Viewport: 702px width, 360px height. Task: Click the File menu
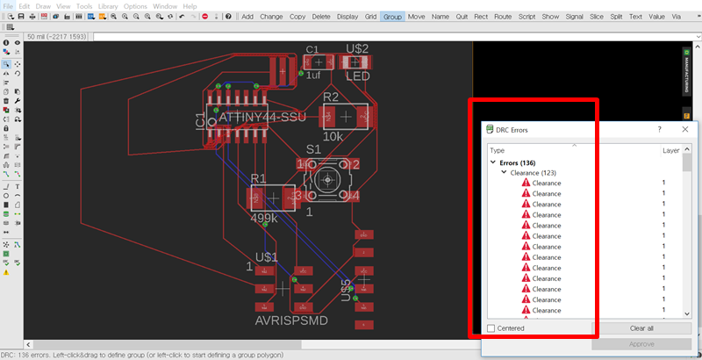click(8, 6)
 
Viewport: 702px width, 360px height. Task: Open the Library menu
click(107, 6)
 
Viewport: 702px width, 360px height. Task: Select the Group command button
click(392, 17)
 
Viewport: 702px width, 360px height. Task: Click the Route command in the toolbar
click(503, 17)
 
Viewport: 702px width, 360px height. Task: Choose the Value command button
click(656, 17)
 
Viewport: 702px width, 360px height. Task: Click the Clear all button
click(641, 328)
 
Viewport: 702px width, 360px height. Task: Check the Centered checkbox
click(492, 328)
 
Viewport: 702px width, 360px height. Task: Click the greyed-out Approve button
click(641, 344)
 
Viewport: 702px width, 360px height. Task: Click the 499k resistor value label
click(264, 218)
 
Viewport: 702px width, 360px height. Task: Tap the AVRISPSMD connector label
click(290, 320)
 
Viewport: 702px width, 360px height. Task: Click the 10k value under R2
click(333, 137)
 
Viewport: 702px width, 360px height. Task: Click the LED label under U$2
click(357, 76)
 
